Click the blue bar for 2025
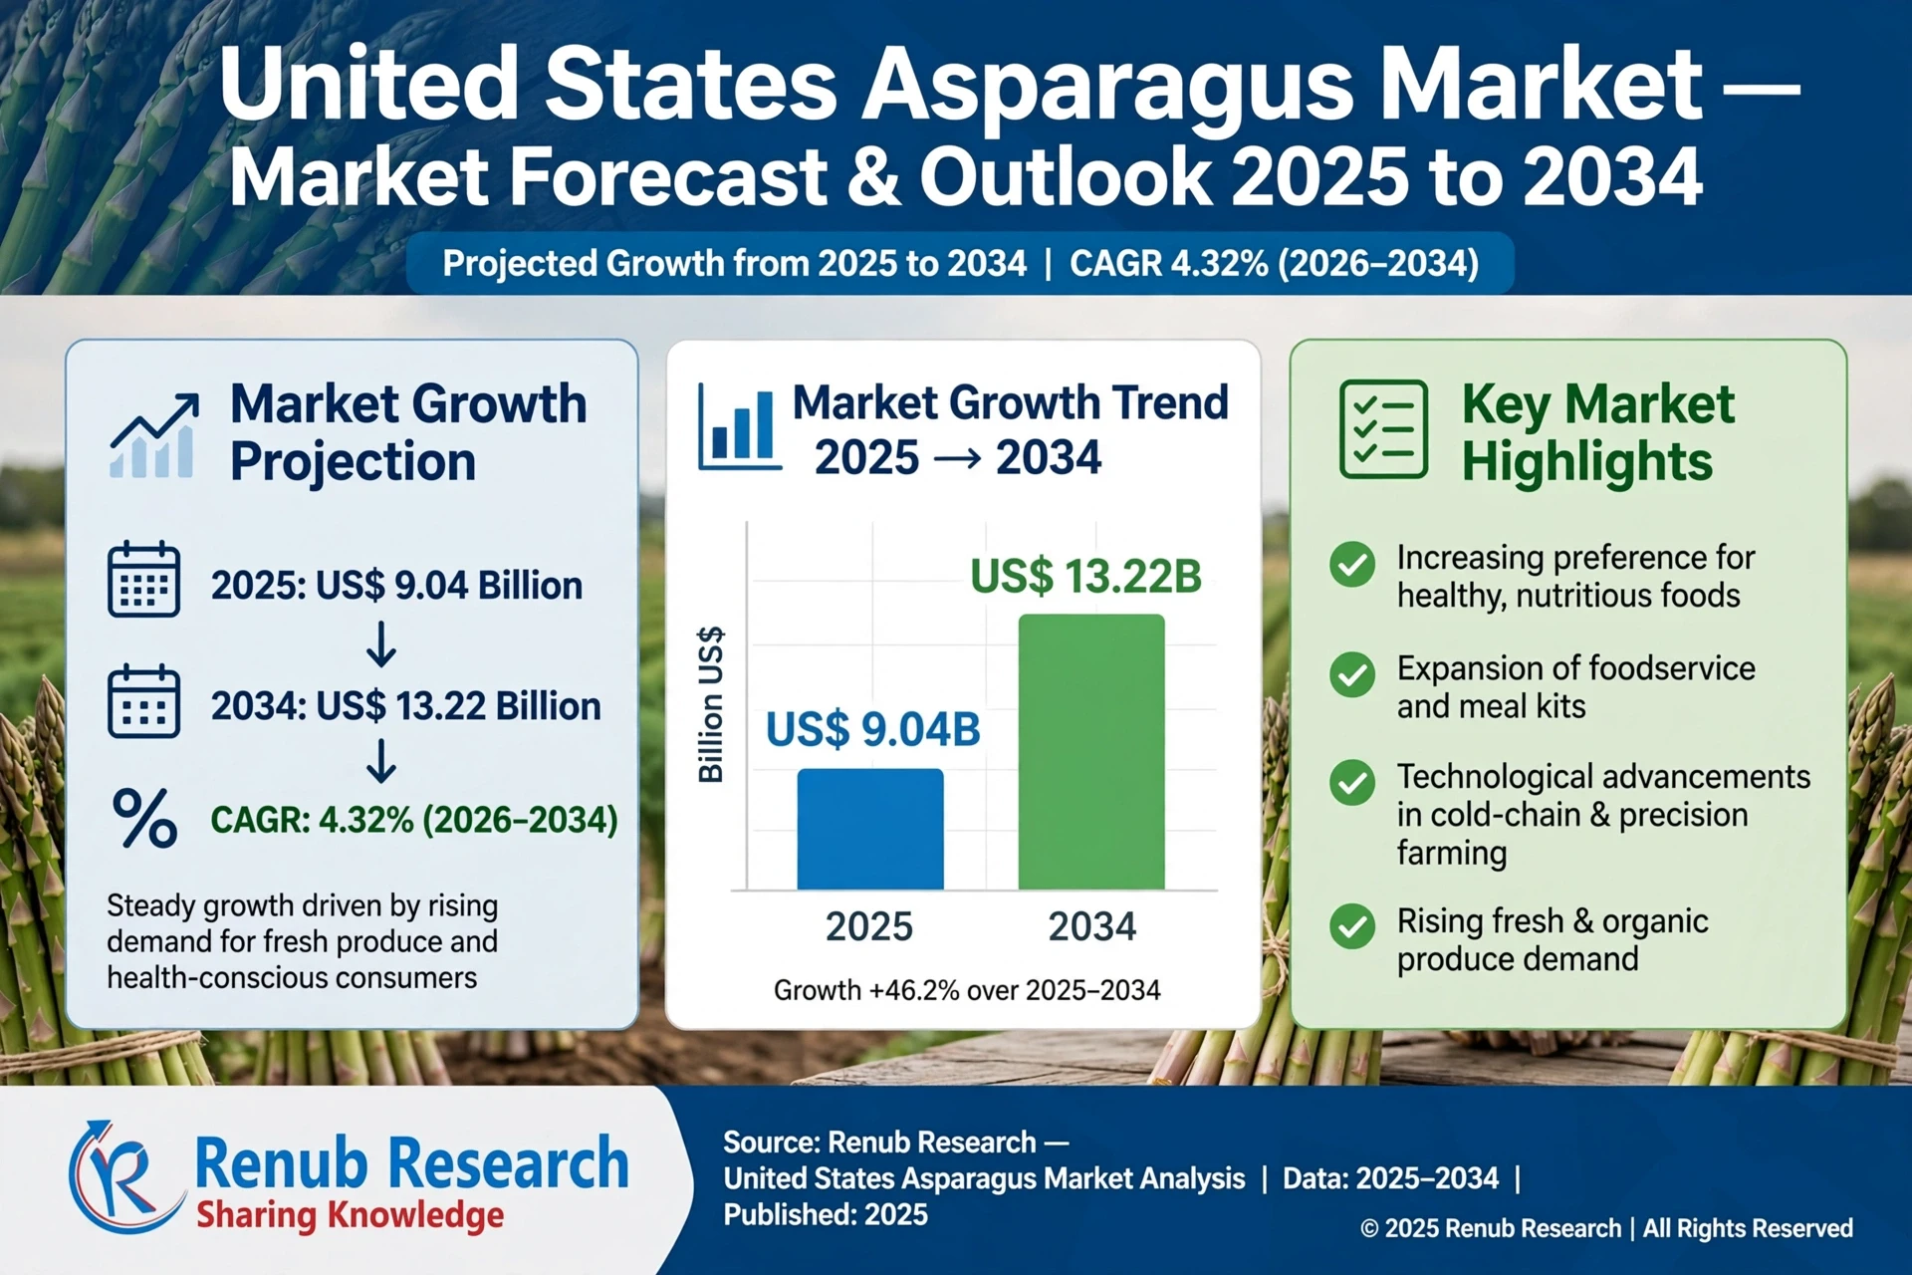point(869,829)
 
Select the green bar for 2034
point(1090,752)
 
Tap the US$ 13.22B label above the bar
point(1085,577)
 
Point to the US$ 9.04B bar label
point(872,730)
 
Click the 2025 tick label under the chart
point(869,926)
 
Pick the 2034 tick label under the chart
point(1091,926)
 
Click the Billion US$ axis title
point(710,705)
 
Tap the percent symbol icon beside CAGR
point(144,818)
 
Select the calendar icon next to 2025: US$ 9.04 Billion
point(143,580)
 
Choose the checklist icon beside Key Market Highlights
point(1383,429)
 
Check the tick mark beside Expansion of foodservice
point(1352,675)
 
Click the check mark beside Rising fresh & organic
point(1352,926)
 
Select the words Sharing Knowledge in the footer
point(350,1216)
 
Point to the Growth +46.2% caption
point(967,990)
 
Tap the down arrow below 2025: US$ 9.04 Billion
point(380,644)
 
